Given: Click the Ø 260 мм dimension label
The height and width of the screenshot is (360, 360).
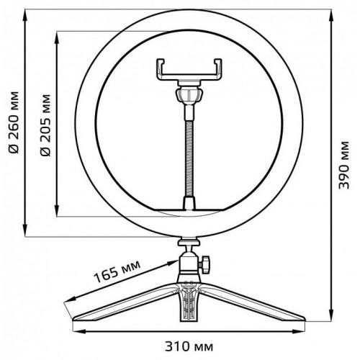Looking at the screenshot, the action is pos(14,122).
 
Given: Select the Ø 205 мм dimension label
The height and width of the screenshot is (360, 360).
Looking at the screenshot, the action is pos(45,125).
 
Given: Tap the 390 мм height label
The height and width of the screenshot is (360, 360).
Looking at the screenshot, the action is pos(343,165).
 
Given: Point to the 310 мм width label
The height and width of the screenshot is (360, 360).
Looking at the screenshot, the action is pos(189,347).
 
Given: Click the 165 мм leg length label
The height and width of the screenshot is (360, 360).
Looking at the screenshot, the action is pos(117,271).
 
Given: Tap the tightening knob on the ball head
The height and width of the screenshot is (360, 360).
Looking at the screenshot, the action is pos(204,265).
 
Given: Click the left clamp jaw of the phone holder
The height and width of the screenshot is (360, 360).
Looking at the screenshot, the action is pos(161,69).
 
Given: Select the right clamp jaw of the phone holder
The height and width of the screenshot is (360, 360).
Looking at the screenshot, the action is pos(217,69).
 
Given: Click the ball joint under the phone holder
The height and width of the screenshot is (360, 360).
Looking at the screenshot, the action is pos(189,95).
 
